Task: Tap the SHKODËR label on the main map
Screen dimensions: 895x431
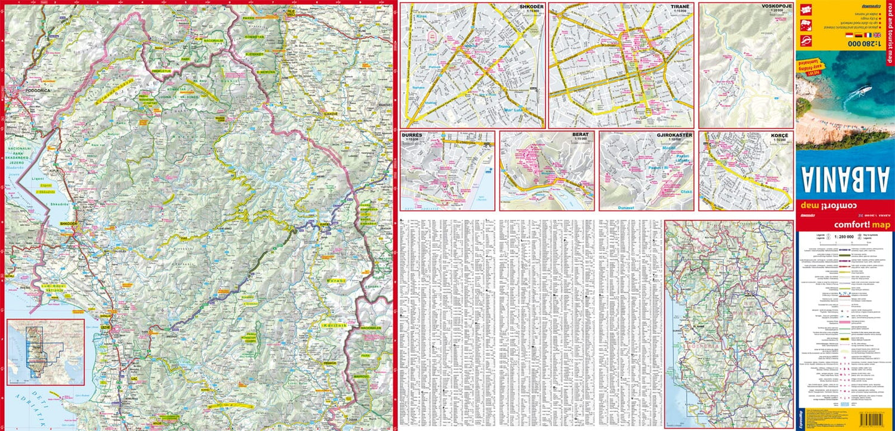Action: pyautogui.click(x=69, y=224)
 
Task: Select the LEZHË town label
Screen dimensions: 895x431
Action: pyautogui.click(x=106, y=328)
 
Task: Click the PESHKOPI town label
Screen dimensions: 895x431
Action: pyautogui.click(x=329, y=363)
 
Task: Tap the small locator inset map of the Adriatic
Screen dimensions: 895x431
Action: pyautogui.click(x=45, y=352)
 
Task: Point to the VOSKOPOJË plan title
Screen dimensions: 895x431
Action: pyautogui.click(x=776, y=7)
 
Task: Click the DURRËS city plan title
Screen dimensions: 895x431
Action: pyautogui.click(x=412, y=136)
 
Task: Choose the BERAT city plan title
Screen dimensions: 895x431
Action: pyautogui.click(x=580, y=135)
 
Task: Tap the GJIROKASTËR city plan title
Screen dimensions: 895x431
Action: pyautogui.click(x=674, y=136)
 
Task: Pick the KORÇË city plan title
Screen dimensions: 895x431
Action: pyautogui.click(x=779, y=136)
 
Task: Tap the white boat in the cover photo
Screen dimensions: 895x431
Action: pyautogui.click(x=863, y=92)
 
